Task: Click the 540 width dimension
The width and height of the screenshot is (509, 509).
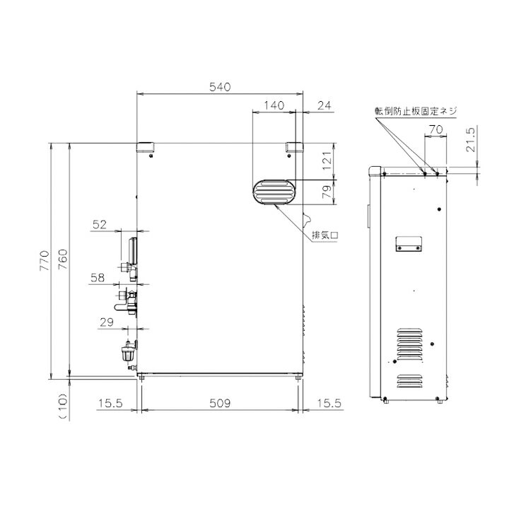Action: coord(220,87)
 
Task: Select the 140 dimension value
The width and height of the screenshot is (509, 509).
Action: coord(274,105)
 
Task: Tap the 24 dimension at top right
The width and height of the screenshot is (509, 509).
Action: coord(324,105)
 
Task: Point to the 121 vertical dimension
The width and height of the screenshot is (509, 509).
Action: coord(327,160)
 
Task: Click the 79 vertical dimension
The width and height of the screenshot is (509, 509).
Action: coord(327,192)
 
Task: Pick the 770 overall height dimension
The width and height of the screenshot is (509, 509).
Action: coord(45,261)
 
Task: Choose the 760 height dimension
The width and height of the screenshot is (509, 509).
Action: coord(63,259)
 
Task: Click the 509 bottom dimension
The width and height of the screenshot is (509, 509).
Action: coord(220,403)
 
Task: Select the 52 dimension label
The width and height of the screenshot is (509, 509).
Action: coord(100,225)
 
